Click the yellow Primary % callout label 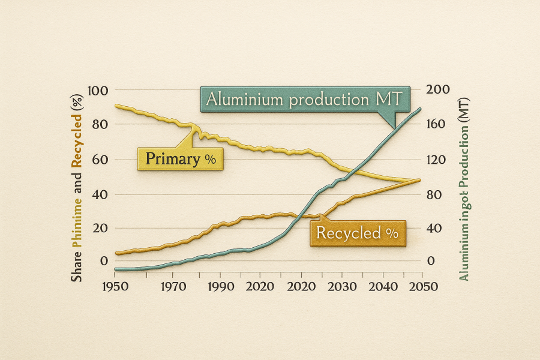tap(180, 160)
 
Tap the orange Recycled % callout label tap(357, 232)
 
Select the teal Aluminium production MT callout tap(304, 99)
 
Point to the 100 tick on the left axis tap(97, 91)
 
